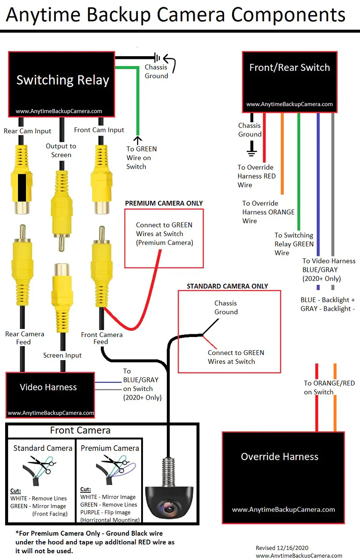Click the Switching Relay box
62,84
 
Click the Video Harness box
50,394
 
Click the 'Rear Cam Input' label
27,131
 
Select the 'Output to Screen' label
61,150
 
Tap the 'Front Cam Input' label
99,130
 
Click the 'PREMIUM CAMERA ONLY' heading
164,203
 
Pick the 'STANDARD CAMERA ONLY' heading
227,286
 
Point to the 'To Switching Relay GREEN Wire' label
294,244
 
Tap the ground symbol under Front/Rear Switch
251,151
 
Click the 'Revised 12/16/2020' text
282,548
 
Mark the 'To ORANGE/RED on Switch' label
330,388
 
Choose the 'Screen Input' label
62,355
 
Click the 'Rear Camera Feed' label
24,338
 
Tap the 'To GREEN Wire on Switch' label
142,158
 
